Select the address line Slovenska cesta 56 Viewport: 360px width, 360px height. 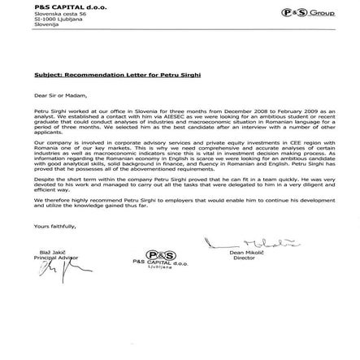point(50,11)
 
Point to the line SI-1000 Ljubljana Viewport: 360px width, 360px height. point(50,16)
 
